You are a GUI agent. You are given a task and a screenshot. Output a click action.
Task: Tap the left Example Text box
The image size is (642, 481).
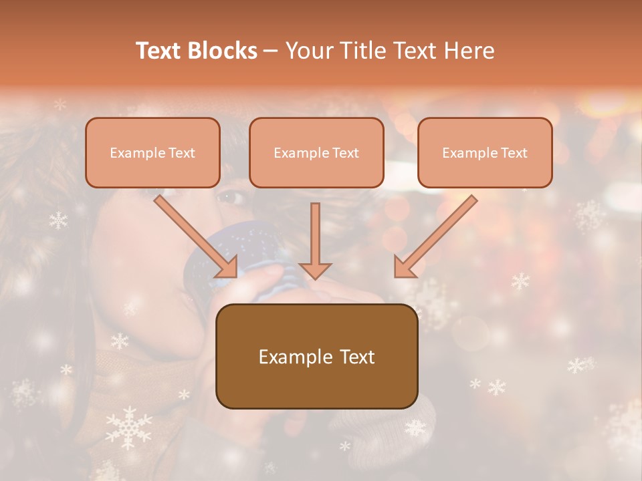point(152,152)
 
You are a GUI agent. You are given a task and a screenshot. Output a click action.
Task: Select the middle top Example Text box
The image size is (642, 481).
point(316,152)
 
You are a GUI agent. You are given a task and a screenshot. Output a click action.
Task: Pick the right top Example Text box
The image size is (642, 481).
point(485,152)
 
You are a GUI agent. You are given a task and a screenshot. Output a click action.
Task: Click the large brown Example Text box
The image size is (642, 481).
point(316,356)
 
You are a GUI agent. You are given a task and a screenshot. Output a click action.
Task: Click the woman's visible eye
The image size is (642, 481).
point(232,197)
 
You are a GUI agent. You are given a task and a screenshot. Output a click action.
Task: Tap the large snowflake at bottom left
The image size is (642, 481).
point(129,426)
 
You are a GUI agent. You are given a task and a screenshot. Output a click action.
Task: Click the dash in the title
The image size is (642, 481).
point(271,51)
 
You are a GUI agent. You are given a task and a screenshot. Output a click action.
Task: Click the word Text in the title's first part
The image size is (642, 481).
point(160,51)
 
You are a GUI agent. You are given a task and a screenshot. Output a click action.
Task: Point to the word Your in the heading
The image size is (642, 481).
point(310,51)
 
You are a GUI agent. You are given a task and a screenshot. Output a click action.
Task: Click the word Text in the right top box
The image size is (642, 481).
point(514,152)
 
